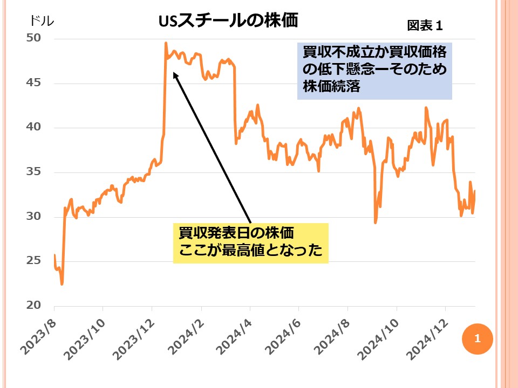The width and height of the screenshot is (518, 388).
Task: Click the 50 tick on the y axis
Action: (x=33, y=39)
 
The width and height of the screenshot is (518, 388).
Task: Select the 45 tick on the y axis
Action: (x=33, y=84)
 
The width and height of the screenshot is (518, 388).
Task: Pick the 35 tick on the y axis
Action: (x=33, y=172)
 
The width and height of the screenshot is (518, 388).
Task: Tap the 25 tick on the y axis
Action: (x=33, y=261)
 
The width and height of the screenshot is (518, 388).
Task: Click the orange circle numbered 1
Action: (x=477, y=339)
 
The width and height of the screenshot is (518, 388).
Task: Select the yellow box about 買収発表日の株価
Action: (x=250, y=243)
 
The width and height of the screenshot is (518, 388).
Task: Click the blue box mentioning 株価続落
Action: (x=374, y=71)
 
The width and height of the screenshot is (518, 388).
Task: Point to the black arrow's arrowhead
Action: (x=174, y=73)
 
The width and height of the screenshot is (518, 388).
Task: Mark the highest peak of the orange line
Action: (x=166, y=43)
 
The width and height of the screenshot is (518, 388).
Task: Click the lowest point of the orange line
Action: (x=62, y=284)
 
